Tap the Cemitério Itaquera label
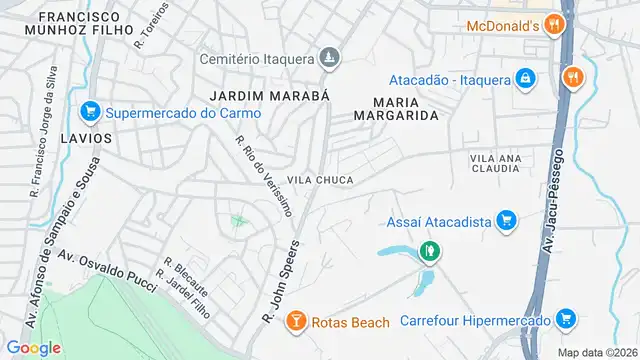click(255, 58)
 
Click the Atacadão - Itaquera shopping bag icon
click(524, 80)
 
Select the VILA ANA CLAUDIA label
click(497, 164)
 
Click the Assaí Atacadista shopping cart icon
click(506, 219)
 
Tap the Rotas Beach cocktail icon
click(296, 321)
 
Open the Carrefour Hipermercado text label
click(475, 321)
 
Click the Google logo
click(33, 348)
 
